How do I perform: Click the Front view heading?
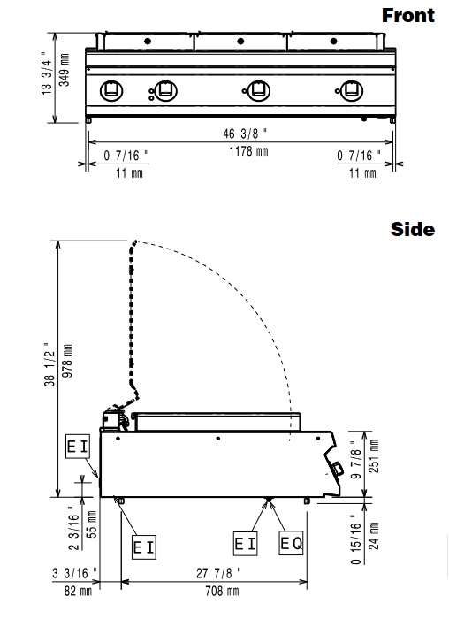(x=407, y=16)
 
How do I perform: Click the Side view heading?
(x=412, y=229)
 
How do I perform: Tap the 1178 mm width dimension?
(x=248, y=151)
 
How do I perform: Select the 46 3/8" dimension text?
(x=244, y=134)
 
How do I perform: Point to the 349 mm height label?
(x=65, y=70)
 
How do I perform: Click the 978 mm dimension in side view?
(x=67, y=362)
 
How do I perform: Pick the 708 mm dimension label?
(x=222, y=591)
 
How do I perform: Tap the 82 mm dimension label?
(x=78, y=591)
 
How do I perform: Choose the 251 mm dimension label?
(x=373, y=456)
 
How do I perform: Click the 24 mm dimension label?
(x=373, y=536)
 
